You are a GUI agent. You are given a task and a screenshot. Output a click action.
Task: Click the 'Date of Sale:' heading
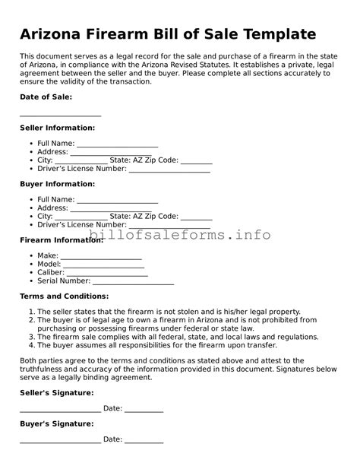[46, 97]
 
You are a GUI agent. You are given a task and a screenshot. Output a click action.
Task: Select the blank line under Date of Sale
[60, 114]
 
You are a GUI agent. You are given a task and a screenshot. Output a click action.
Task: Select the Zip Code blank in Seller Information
[197, 162]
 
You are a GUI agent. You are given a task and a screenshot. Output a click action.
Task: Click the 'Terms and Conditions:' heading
[64, 296]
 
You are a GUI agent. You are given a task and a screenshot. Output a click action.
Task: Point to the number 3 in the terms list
[30, 336]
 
